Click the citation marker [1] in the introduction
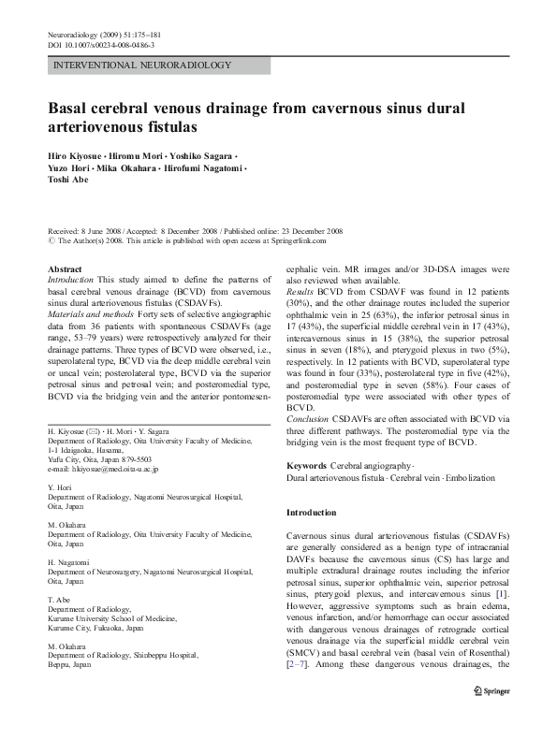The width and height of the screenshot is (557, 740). [501, 592]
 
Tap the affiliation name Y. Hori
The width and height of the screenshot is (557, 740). [59, 486]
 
